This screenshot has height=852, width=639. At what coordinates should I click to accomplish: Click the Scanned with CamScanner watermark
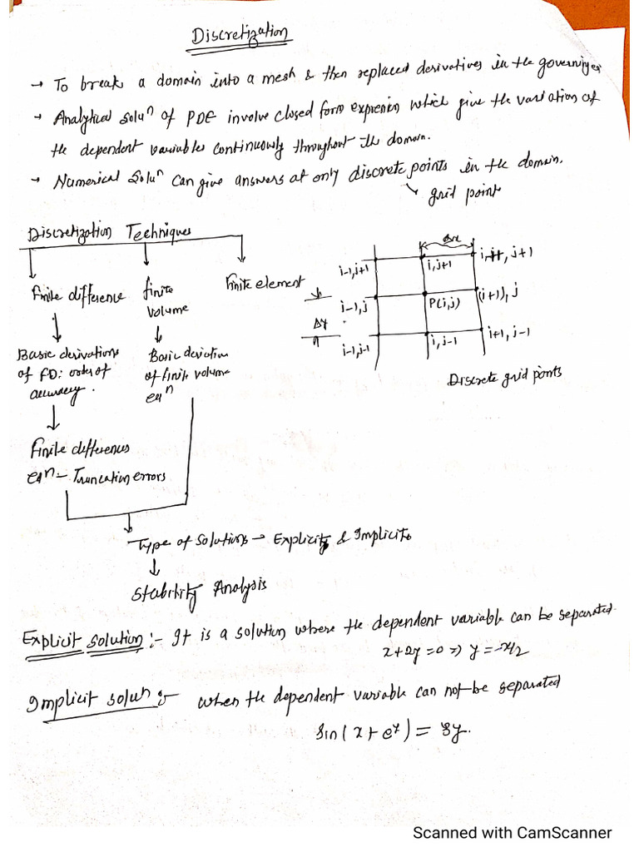513,833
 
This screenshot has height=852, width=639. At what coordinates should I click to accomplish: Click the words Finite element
265,284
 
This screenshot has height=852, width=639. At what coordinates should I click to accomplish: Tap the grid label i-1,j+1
355,272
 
